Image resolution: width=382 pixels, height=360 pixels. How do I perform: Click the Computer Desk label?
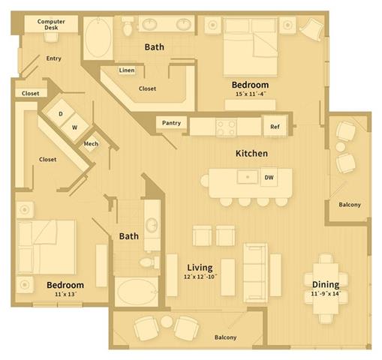[x=51, y=25]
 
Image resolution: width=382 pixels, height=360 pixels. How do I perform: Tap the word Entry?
[x=53, y=58]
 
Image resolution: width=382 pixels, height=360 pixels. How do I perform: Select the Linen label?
[x=126, y=71]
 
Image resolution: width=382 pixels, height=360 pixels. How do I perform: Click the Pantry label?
[x=171, y=122]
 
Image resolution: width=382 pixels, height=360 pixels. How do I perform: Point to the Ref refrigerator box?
[x=275, y=127]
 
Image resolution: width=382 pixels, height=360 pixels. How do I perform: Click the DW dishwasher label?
[x=268, y=178]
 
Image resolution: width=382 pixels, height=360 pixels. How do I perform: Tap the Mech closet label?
[x=91, y=144]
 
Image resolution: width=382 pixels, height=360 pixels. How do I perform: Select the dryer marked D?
[x=61, y=114]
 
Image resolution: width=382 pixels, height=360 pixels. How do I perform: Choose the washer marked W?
[x=74, y=127]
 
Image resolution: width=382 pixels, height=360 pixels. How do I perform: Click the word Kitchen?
[x=251, y=153]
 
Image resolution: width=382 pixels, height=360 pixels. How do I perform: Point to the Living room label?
[x=200, y=267]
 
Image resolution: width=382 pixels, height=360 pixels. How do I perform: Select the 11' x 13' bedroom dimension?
[x=65, y=295]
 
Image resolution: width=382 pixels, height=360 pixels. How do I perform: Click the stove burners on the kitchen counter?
[x=225, y=126]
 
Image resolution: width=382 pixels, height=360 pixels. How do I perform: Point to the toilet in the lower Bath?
[x=149, y=262]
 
